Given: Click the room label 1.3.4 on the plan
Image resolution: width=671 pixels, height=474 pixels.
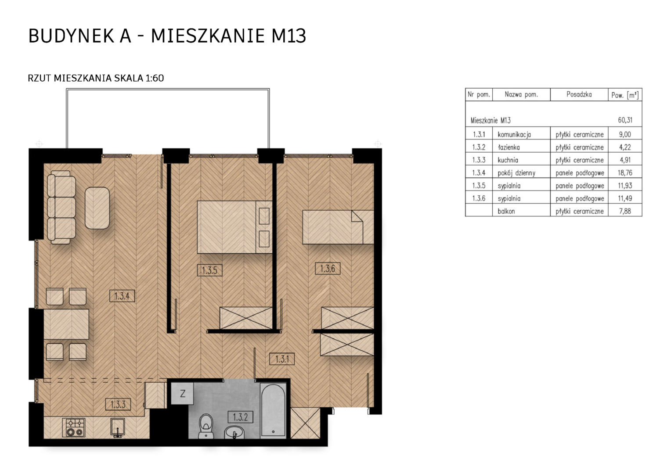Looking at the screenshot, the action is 122,296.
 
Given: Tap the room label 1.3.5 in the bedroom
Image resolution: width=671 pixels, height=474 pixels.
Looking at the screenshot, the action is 210,270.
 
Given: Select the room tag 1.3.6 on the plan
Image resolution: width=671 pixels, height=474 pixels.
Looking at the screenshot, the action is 328,269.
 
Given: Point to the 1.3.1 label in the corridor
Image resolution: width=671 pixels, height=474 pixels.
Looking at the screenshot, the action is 282,359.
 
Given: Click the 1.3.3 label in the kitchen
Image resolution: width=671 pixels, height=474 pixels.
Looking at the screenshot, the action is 118,405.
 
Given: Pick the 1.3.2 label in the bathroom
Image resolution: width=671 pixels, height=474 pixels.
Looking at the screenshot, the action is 240,417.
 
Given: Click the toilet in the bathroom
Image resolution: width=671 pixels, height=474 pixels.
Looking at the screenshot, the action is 206,426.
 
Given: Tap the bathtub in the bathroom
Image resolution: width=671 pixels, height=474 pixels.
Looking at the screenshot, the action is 273,411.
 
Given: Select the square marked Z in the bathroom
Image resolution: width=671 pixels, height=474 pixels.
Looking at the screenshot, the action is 182,393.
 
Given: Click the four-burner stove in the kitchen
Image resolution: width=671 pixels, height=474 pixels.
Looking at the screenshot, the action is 74,427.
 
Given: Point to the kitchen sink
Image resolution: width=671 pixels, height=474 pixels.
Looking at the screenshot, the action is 118,427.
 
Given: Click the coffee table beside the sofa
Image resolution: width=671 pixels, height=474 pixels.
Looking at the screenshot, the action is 97,208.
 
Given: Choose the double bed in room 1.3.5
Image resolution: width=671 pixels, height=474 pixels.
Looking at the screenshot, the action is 234,227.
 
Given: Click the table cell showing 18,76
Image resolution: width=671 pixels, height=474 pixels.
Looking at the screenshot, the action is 625,173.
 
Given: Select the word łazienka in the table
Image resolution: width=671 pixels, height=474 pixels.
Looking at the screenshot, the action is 509,147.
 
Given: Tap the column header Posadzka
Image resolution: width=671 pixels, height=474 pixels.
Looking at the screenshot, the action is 579,94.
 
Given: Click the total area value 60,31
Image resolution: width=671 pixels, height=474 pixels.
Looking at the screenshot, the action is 625,120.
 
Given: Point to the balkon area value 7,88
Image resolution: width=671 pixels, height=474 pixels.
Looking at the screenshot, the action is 625,211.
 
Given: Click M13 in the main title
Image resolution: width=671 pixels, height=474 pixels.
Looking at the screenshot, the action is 289,36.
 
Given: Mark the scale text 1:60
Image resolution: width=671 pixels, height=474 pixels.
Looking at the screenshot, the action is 155,78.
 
